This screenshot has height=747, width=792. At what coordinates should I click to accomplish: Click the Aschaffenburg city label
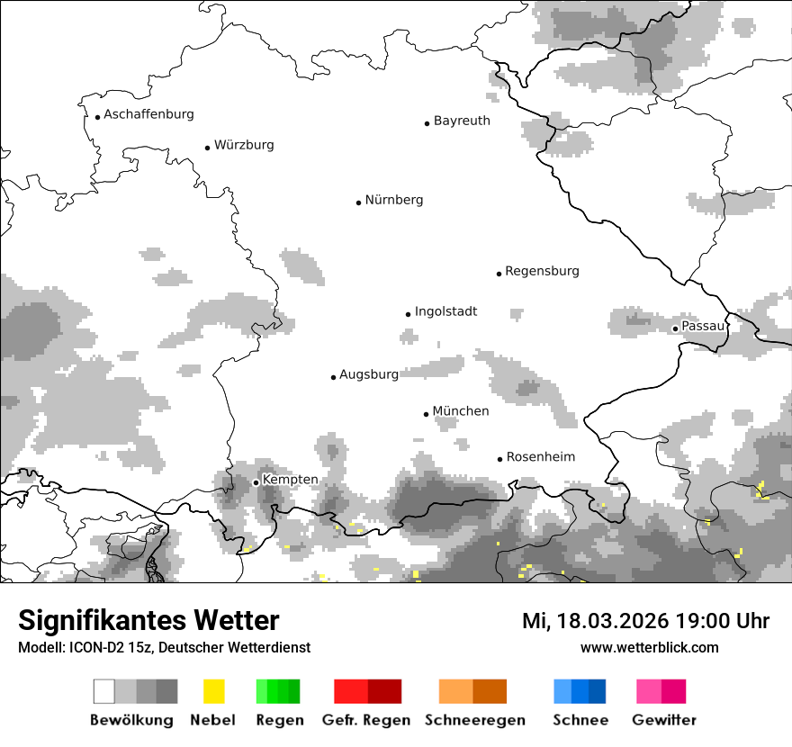coord(148,114)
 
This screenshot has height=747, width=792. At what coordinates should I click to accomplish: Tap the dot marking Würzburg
coord(208,148)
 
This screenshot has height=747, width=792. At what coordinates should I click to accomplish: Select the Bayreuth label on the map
coord(462,121)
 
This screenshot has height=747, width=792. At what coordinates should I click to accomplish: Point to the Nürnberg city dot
coord(358,202)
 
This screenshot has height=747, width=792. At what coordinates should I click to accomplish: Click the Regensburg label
coord(542,271)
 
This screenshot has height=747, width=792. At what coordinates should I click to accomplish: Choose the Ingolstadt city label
coord(445,311)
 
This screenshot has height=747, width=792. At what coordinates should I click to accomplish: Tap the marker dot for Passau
coord(675,328)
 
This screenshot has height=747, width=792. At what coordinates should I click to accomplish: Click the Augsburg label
coord(368,374)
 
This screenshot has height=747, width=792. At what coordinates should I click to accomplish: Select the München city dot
coord(427,414)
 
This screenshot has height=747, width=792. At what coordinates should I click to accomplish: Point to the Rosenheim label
coord(541,457)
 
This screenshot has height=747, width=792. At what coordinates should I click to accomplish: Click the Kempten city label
coord(290,480)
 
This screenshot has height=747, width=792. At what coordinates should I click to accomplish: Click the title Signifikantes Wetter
coord(148,620)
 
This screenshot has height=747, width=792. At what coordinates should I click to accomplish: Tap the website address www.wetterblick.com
coord(649,647)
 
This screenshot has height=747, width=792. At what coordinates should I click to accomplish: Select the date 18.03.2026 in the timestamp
coord(607,621)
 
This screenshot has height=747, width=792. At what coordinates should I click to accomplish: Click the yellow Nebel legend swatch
coord(213,691)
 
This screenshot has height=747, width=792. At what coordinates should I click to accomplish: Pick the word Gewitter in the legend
coord(663,720)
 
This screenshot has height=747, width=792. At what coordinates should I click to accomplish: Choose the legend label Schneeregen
coord(474,720)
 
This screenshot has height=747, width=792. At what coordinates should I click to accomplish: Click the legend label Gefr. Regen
coord(366,720)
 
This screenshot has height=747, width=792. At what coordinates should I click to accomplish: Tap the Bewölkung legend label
coord(131,720)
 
